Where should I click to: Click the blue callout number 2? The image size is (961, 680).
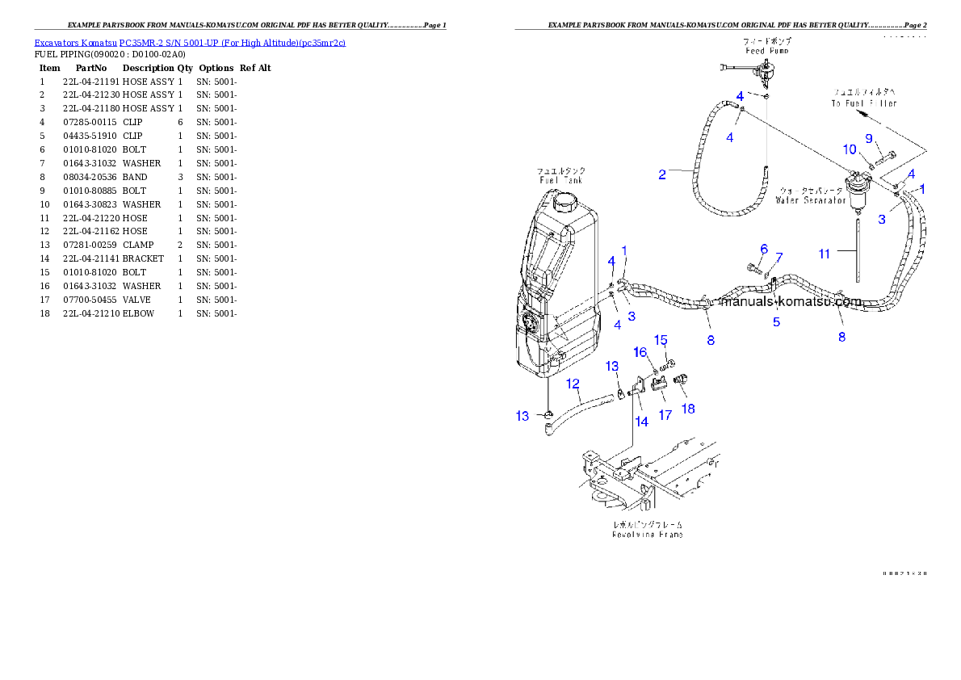coord(662,174)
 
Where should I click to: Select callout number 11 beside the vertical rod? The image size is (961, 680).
coord(824,254)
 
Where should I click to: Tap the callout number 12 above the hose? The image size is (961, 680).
coord(573,384)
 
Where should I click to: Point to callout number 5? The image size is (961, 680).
coord(776,322)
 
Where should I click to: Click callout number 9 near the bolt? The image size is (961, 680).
coord(870,138)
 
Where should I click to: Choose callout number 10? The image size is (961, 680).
coord(850,149)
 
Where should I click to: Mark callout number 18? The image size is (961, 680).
coord(688,409)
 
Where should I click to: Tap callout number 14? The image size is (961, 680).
coord(641,421)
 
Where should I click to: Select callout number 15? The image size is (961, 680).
coord(661,339)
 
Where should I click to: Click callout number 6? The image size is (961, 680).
coord(763,249)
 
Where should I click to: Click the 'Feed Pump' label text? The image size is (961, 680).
coord(766,51)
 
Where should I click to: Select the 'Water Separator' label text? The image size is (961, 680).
coord(810,199)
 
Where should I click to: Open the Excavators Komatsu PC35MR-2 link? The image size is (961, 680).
coord(190,43)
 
